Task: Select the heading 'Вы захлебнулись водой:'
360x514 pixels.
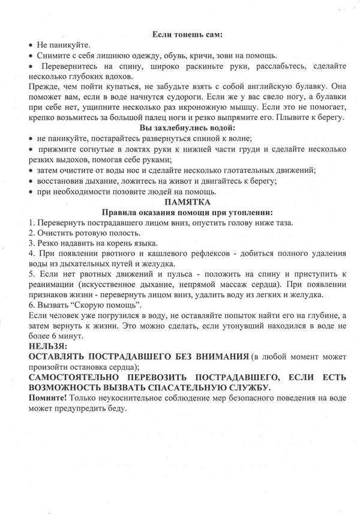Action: tap(187, 128)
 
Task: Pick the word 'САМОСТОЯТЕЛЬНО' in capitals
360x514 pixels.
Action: tap(84, 377)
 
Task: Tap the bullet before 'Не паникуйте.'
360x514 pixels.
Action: tap(31, 46)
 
